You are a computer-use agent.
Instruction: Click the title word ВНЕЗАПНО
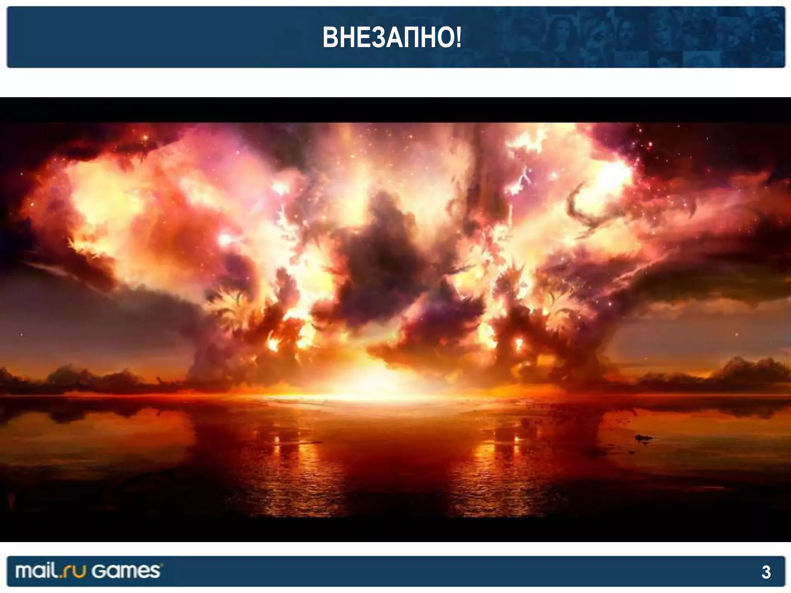pyautogui.click(x=388, y=37)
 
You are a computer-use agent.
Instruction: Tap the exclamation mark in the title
pyautogui.click(x=458, y=37)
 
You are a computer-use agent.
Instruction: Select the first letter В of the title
pyautogui.click(x=329, y=37)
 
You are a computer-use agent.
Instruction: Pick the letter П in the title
pyautogui.click(x=412, y=37)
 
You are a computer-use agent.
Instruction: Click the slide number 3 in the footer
pyautogui.click(x=766, y=572)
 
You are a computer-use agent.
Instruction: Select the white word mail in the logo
pyautogui.click(x=37, y=571)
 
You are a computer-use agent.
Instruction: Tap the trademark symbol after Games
pyautogui.click(x=161, y=565)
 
